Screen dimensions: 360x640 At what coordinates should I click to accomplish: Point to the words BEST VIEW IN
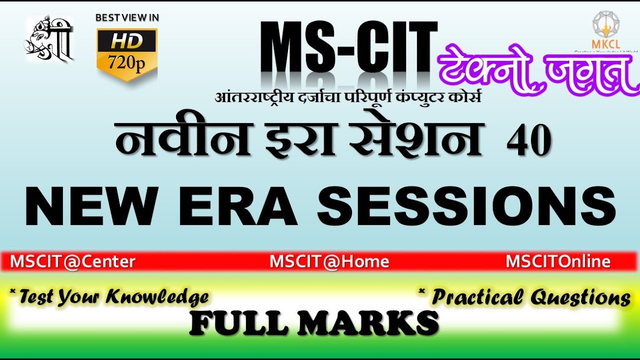[x=127, y=17]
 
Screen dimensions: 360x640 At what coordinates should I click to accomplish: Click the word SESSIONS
[x=466, y=206]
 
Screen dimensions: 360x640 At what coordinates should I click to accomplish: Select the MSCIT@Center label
[x=72, y=261]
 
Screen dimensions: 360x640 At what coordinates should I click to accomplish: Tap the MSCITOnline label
[x=558, y=261]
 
